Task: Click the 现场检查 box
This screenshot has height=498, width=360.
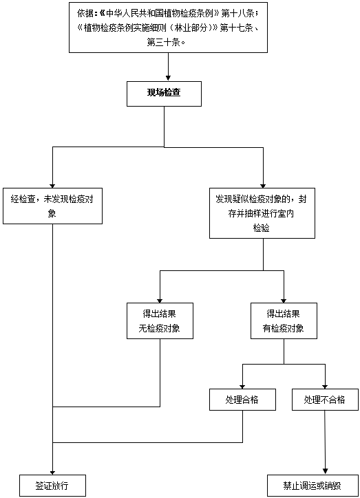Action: coord(164,94)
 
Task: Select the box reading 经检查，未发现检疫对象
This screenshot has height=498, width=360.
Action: coord(53,206)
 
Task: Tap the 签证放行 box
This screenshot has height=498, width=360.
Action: coord(53,486)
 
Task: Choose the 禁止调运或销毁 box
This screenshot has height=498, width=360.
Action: coord(313,486)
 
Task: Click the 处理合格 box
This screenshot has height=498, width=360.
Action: coord(242,400)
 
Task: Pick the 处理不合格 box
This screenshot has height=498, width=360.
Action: coord(325,400)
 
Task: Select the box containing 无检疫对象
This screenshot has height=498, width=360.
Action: coord(160,321)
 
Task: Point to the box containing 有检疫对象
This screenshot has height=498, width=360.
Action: coord(284,321)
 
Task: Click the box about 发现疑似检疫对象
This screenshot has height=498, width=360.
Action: coord(262,213)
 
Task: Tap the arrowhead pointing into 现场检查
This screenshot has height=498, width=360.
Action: coord(168,78)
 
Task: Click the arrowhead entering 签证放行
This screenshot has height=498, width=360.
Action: coord(53,473)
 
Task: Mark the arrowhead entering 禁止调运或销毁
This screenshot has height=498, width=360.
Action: coord(325,471)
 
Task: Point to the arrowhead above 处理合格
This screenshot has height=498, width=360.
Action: coord(242,387)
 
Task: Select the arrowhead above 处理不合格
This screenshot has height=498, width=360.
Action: coord(325,387)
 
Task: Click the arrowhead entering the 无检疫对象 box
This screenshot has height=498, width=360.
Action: coord(160,301)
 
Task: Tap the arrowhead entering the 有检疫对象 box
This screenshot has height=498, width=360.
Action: coord(284,301)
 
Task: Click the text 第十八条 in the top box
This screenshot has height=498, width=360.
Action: coord(237,13)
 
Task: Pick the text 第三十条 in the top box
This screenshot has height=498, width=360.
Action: coord(164,42)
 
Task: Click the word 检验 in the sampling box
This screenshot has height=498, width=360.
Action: coord(261,228)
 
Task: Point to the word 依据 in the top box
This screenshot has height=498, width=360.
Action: coord(85,13)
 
